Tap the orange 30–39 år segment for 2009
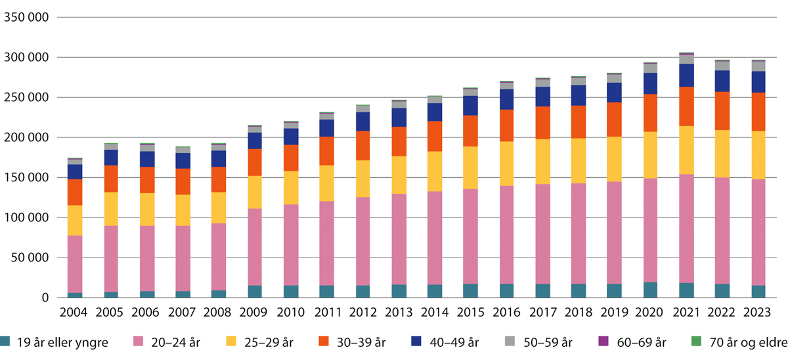pyautogui.click(x=255, y=162)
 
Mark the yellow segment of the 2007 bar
pyautogui.click(x=183, y=210)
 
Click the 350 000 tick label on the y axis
pyautogui.click(x=26, y=18)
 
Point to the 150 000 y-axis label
pyautogui.click(x=26, y=178)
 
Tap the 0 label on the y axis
pyautogui.click(x=45, y=298)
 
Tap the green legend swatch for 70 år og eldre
pyautogui.click(x=697, y=342)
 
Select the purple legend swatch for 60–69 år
pyautogui.click(x=603, y=342)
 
